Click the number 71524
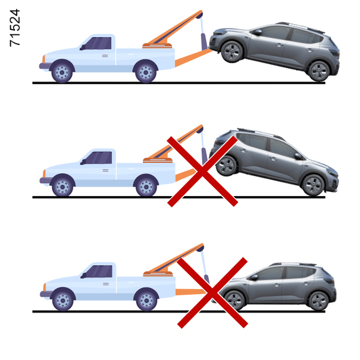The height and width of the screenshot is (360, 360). point(15,28)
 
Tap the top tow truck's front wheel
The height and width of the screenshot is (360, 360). point(62,72)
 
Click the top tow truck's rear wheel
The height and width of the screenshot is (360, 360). point(146,72)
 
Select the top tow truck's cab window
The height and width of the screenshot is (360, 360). point(99,43)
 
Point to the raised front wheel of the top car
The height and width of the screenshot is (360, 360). point(232,52)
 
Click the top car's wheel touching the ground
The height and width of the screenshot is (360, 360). point(319,71)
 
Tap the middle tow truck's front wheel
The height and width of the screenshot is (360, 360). point(62,187)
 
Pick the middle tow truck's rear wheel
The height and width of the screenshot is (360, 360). point(146,187)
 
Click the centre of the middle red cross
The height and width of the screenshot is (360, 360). point(203,171)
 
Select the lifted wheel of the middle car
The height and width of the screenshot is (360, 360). point(227,166)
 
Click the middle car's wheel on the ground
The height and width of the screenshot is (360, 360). point(313,185)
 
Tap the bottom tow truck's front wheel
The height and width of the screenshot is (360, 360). point(63,301)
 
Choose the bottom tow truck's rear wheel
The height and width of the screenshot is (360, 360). point(147,301)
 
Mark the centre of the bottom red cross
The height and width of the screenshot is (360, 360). point(212,293)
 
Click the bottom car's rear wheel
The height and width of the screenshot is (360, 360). point(319,301)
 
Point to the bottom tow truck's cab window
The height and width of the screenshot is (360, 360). point(100,271)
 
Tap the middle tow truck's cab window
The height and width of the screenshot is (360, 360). point(99,158)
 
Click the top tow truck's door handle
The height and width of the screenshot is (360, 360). point(105,56)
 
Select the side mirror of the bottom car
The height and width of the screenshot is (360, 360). point(253,277)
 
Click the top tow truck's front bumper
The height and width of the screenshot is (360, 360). point(44,66)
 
